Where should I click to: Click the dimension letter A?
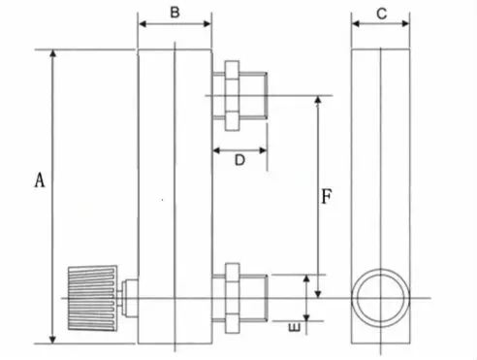coord(39,180)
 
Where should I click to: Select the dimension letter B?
coord(174,13)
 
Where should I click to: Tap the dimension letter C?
coord(381,13)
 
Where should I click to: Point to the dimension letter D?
coord(238,161)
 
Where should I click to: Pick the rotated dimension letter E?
coord(294,330)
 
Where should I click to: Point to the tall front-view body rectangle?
coord(175,194)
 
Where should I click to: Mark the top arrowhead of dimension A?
coord(52,54)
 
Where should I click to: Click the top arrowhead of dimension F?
coord(315,101)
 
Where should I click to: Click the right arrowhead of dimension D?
coord(263,150)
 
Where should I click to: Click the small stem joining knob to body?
coord(129,296)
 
